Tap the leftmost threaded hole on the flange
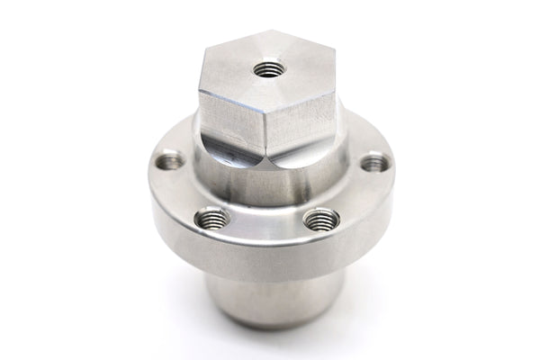169,162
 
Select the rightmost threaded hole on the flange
374,163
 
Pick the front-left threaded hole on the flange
212,218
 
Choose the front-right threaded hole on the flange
321,219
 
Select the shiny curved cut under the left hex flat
229,153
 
